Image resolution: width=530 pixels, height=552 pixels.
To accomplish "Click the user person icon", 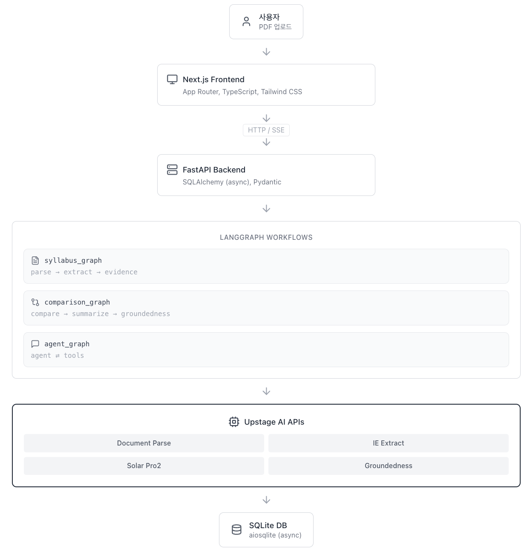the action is point(246,22).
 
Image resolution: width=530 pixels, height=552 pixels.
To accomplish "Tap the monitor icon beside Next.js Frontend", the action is point(172,79).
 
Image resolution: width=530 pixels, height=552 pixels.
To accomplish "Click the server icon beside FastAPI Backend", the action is point(172,170).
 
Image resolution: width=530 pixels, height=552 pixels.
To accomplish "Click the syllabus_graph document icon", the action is point(35,260).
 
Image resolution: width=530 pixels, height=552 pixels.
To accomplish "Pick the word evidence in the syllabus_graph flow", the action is point(121,272).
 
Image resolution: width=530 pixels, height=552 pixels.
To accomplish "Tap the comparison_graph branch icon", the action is point(35,302).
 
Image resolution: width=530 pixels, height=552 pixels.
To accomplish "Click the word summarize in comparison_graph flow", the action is point(90,313).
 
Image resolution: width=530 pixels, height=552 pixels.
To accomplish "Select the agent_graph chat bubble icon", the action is point(35,344).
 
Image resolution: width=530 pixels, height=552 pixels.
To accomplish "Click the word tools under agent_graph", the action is point(73,355).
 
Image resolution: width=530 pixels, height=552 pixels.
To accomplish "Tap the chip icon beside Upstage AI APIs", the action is point(233,422).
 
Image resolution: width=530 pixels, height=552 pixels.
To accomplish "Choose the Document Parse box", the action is point(144,443).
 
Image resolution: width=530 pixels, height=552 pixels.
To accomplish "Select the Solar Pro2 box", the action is point(144,466).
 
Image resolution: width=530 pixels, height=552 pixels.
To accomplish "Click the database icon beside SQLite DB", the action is point(236,529).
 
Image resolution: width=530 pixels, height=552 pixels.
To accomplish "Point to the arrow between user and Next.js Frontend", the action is point(266,52).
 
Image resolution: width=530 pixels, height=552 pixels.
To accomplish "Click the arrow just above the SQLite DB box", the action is point(266,500).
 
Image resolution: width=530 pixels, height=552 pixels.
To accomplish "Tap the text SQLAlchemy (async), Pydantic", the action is point(231,182).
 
